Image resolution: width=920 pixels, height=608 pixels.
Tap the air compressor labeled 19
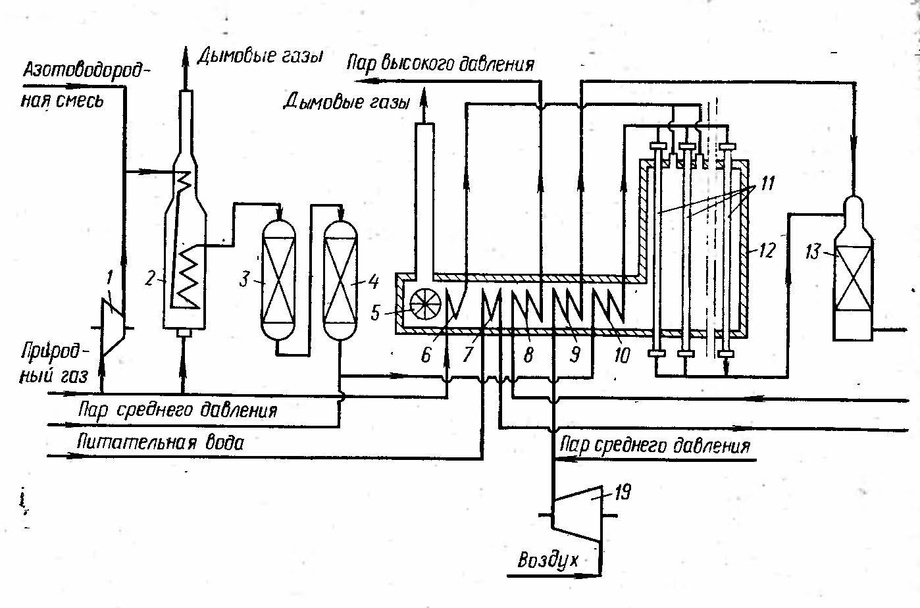tap(576, 514)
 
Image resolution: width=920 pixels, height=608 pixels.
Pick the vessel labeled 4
tap(342, 280)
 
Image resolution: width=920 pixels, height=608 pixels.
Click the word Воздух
tap(548, 561)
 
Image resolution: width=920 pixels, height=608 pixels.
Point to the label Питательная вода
tap(160, 442)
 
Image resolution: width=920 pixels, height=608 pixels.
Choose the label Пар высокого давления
tap(441, 64)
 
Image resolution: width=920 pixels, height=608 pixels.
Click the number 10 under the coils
tap(621, 356)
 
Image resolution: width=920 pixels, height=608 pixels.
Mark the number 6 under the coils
tap(426, 356)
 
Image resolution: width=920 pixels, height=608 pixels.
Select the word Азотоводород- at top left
tap(82, 71)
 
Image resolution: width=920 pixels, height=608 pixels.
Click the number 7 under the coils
tap(468, 356)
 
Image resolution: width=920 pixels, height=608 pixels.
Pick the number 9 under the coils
tap(574, 356)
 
